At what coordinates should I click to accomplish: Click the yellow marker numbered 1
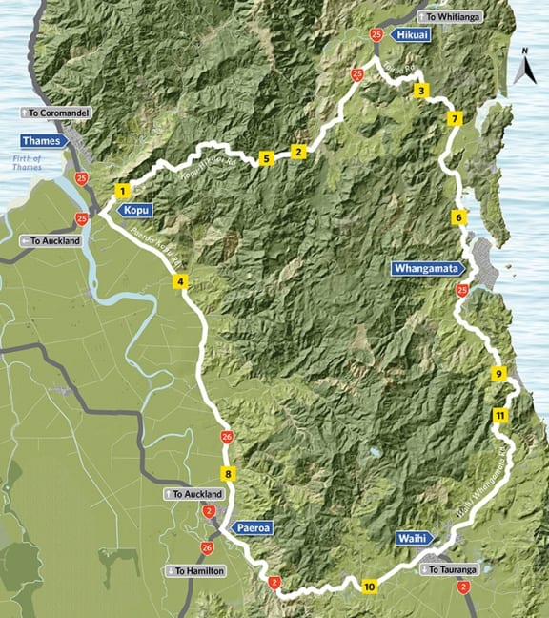[x=123, y=191]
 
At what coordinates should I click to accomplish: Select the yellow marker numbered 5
[x=265, y=158]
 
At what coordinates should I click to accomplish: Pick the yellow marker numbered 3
[x=420, y=91]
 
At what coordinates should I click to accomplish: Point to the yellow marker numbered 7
[x=457, y=119]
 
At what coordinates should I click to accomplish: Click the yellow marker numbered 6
[x=459, y=217]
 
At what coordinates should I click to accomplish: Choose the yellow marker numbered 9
[x=498, y=374]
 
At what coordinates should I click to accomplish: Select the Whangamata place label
[x=428, y=269]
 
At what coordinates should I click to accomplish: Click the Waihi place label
[x=414, y=539]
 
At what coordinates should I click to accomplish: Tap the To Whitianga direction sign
[x=452, y=16]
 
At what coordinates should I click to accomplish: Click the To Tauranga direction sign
[x=448, y=569]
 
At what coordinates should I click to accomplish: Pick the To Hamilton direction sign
[x=194, y=570]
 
